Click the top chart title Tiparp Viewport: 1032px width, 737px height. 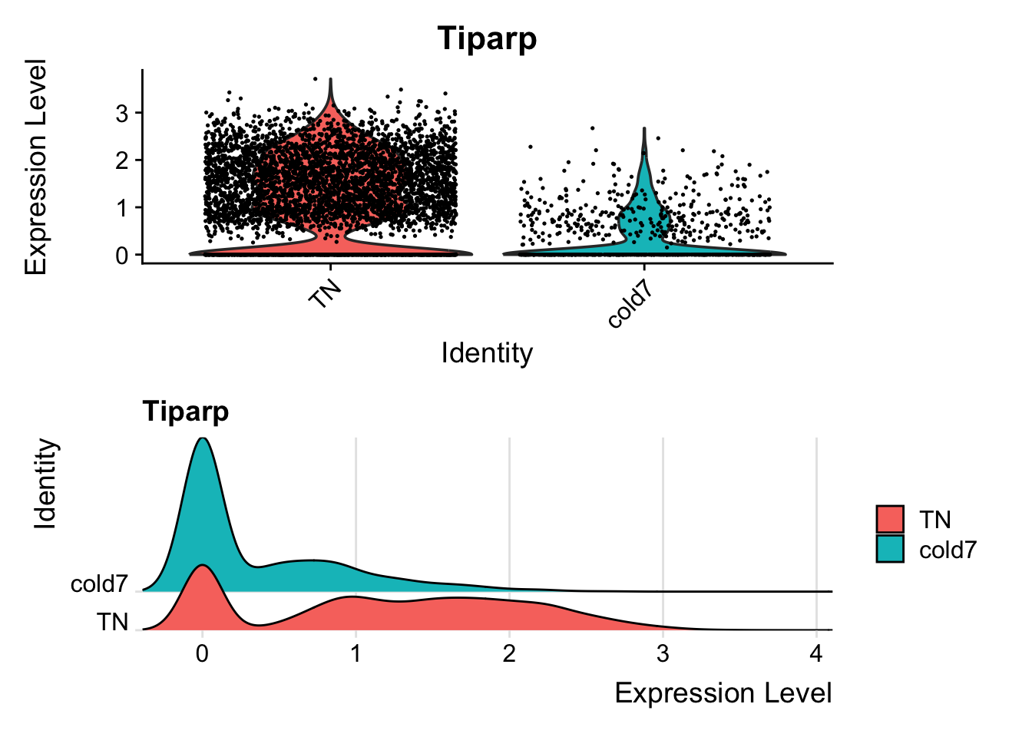(x=487, y=38)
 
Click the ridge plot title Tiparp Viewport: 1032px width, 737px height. (x=185, y=411)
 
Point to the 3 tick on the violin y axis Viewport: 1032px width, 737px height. (x=123, y=114)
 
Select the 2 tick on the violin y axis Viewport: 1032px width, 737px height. (x=123, y=160)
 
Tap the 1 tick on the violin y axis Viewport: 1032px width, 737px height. (x=123, y=208)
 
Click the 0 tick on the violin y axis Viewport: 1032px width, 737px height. (x=123, y=256)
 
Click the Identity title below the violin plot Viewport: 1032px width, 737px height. (x=487, y=353)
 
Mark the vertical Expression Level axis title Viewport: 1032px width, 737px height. (x=36, y=167)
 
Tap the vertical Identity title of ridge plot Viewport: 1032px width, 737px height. (x=46, y=484)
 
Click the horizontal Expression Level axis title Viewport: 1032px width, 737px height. (x=723, y=693)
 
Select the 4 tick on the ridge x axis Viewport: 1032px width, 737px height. (x=816, y=654)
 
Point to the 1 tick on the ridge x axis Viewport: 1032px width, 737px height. (x=356, y=654)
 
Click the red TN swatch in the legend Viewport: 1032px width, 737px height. (x=890, y=519)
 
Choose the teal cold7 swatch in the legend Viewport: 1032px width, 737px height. (x=890, y=548)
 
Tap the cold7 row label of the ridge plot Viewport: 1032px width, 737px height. (x=99, y=584)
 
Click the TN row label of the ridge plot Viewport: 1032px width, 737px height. (x=112, y=622)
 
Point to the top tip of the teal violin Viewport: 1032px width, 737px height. (x=644, y=129)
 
